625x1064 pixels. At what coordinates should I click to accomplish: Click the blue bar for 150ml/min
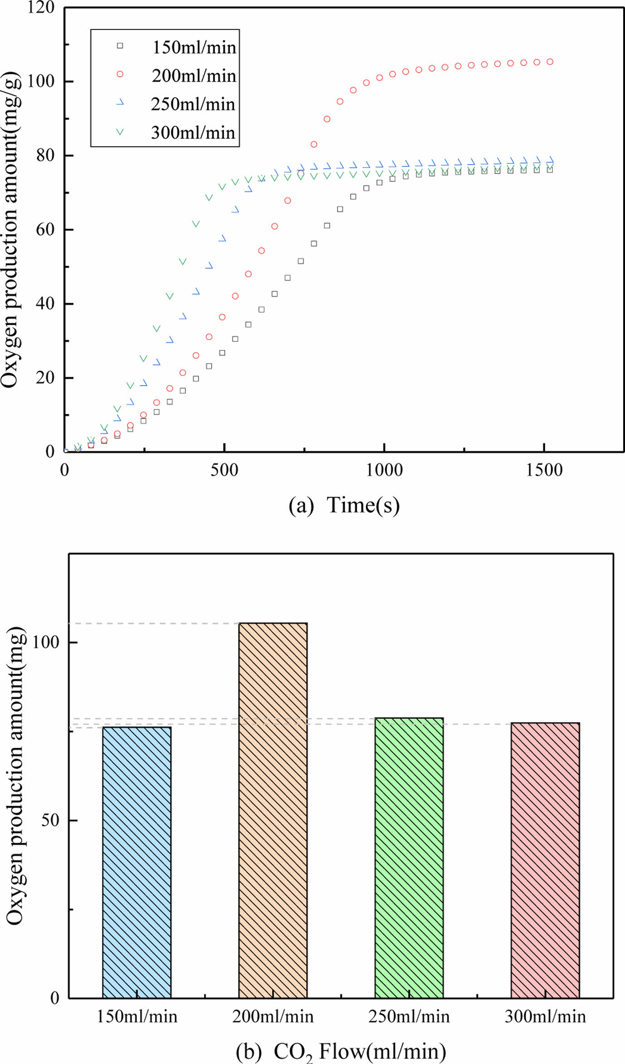click(x=137, y=862)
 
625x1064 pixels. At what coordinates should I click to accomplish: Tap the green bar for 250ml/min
click(x=409, y=858)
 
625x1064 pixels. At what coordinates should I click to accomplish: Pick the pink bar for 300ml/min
click(x=545, y=860)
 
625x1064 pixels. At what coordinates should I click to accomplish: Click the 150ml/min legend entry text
click(x=194, y=47)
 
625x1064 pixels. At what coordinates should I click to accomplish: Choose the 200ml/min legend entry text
click(x=194, y=75)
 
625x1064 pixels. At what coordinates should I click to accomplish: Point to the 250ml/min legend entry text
click(x=193, y=104)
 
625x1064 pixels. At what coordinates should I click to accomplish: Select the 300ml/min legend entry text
click(x=193, y=132)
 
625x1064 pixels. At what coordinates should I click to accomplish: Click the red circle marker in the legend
click(x=120, y=74)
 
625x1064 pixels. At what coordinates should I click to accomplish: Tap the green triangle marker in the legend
click(x=120, y=132)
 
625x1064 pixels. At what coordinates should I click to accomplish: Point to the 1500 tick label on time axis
click(x=544, y=470)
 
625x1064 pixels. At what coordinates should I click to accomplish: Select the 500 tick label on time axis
click(x=224, y=470)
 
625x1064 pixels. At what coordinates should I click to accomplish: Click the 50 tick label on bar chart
click(x=50, y=820)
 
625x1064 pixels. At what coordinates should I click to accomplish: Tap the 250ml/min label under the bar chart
click(x=409, y=1016)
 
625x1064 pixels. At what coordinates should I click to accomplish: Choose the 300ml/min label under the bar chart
click(x=545, y=1016)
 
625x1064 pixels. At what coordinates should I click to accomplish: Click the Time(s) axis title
click(x=363, y=505)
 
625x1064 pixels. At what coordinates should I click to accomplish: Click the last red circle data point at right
click(x=550, y=62)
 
